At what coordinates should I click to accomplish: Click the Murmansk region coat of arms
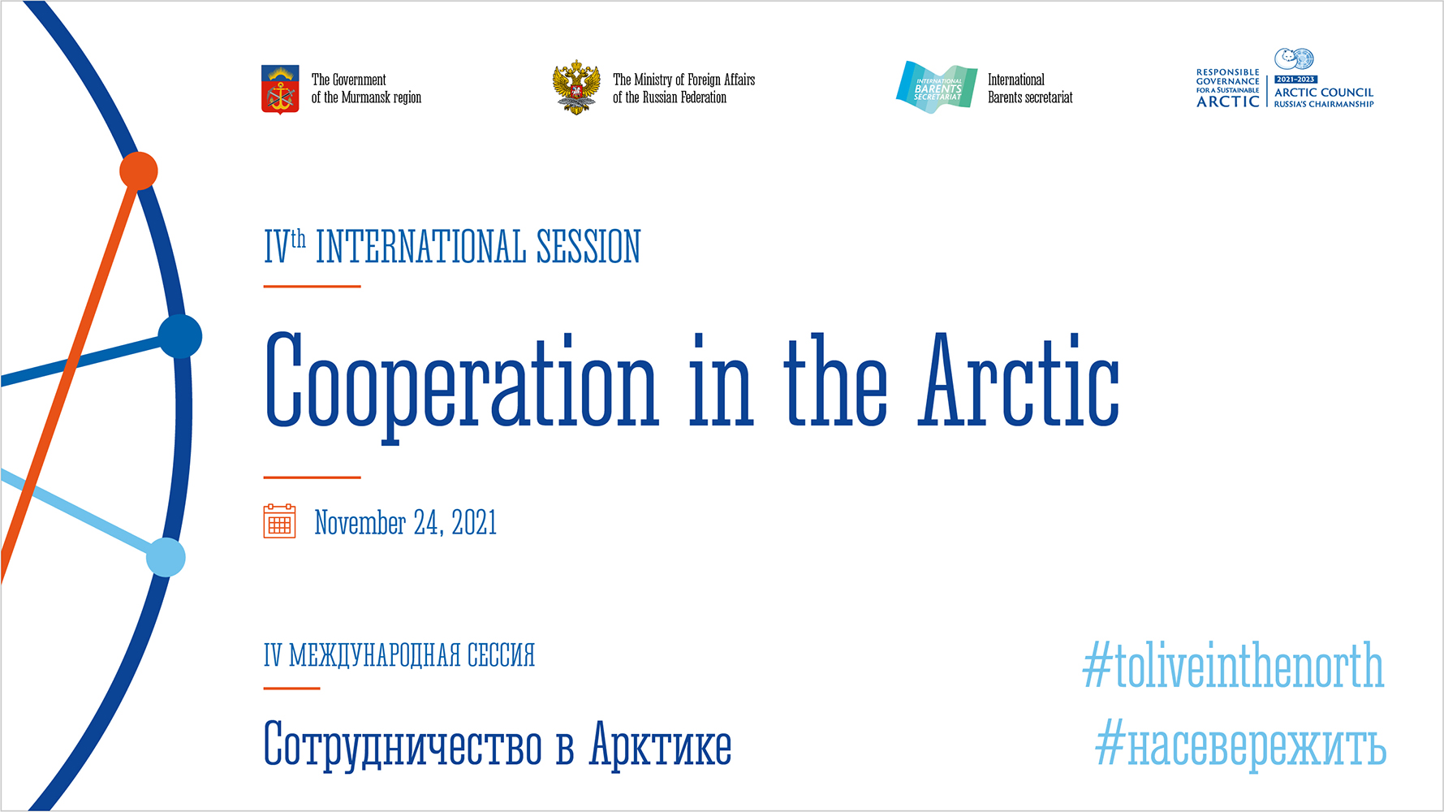280,89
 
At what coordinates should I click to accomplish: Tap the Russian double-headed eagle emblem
576,87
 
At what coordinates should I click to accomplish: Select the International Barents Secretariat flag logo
937,87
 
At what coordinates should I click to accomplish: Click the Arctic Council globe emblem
1294,59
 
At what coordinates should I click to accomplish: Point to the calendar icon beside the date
279,521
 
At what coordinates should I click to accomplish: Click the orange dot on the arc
139,171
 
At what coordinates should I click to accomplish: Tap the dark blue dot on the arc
180,336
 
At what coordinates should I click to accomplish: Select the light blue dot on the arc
166,558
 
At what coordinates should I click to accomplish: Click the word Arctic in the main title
1019,380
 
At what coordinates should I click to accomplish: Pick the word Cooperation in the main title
461,388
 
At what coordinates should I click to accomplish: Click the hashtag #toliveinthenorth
1233,666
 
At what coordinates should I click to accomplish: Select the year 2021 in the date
474,523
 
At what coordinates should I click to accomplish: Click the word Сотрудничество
403,745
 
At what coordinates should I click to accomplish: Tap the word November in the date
360,523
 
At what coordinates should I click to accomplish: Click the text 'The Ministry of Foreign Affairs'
683,80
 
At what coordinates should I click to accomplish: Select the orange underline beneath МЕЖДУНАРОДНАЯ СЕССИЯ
292,689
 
